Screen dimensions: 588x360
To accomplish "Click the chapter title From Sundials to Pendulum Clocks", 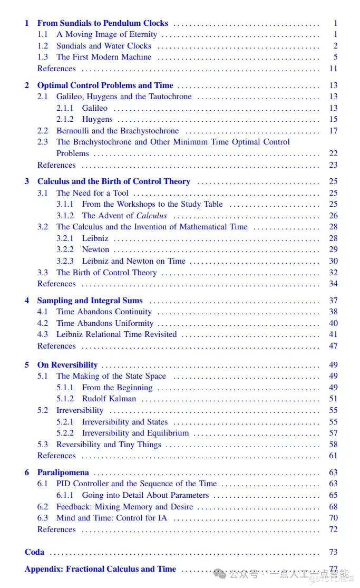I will pos(102,23).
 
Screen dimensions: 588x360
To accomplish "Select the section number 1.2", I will pos(43,46).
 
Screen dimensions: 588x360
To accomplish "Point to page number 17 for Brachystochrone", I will pos(333,131).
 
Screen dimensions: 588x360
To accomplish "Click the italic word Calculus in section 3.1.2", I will pos(151,216).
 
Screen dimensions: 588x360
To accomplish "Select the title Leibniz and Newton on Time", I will pos(133,261).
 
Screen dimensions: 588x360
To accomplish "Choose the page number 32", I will pos(333,273).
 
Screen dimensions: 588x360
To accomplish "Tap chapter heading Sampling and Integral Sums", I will pos(90,301).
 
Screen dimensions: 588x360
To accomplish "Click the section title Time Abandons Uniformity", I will pos(105,323).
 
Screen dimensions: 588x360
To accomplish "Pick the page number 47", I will pos(333,346).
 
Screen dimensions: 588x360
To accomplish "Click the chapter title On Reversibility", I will pos(67,365).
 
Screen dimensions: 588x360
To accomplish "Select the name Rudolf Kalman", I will pos(109,399).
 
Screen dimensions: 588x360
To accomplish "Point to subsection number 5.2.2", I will pos(65,433).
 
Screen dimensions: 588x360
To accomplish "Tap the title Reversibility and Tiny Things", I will pos(109,445).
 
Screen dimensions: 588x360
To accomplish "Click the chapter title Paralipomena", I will pos(63,473).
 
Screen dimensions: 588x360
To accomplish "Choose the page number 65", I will pos(333,495).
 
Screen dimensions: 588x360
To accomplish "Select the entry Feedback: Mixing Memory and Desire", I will pos(124,507).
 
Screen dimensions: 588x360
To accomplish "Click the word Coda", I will pos(35,552).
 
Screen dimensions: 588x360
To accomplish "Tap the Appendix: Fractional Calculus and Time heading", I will pos(100,569).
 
